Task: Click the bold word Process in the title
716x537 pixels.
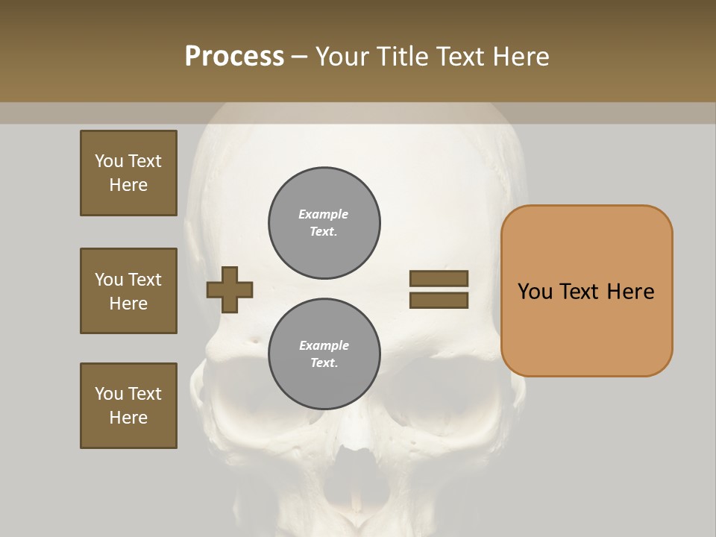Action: coord(234,57)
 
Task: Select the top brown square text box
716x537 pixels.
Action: coord(128,173)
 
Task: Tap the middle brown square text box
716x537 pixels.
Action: coord(128,291)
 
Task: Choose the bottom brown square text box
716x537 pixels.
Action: coord(128,406)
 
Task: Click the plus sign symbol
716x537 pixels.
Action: coord(230,289)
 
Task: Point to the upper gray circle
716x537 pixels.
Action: coord(324,222)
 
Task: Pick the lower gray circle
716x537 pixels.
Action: coord(324,354)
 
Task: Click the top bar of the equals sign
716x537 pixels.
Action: coord(439,278)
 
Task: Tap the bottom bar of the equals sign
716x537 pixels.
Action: coord(439,301)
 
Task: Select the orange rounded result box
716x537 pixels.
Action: coord(586,328)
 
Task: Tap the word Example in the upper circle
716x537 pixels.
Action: coord(323,214)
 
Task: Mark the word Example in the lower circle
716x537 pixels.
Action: coord(324,345)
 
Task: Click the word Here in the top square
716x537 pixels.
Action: coord(128,185)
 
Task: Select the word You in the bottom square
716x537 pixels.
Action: coord(109,394)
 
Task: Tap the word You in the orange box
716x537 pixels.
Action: coord(535,292)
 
